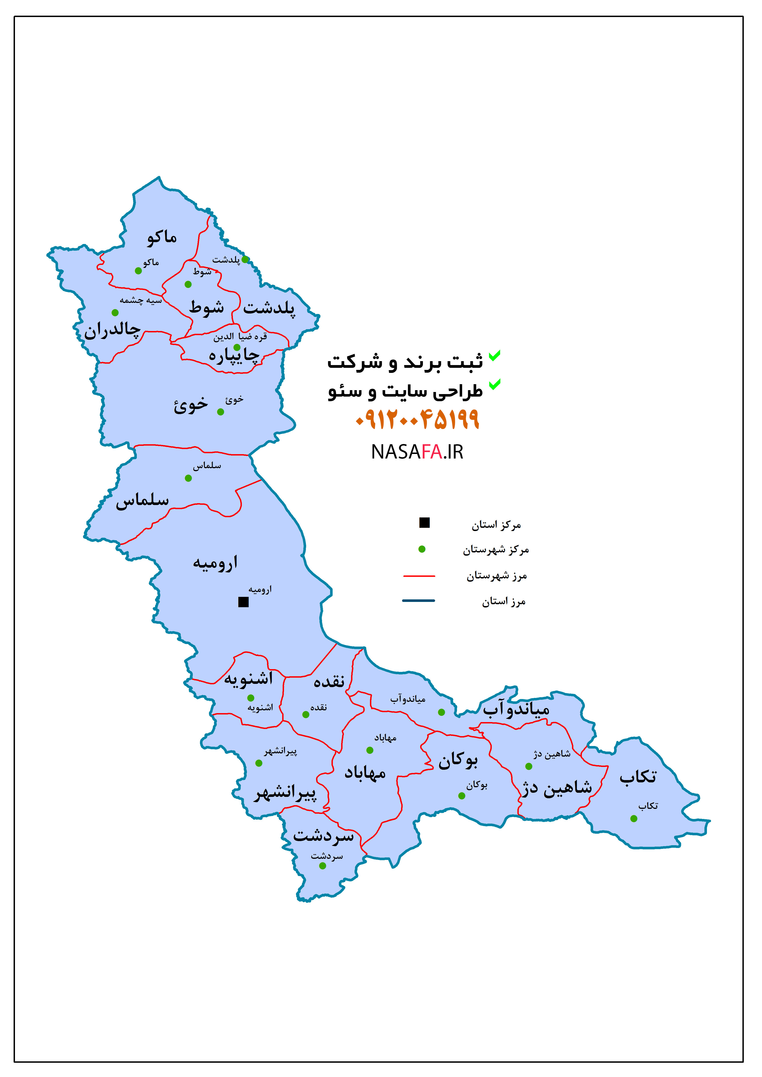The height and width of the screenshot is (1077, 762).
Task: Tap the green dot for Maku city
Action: pyautogui.click(x=138, y=271)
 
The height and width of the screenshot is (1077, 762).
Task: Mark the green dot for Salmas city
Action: pyautogui.click(x=188, y=479)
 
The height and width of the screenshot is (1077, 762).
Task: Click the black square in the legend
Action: pyautogui.click(x=425, y=523)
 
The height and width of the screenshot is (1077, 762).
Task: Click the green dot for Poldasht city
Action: pyautogui.click(x=245, y=259)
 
